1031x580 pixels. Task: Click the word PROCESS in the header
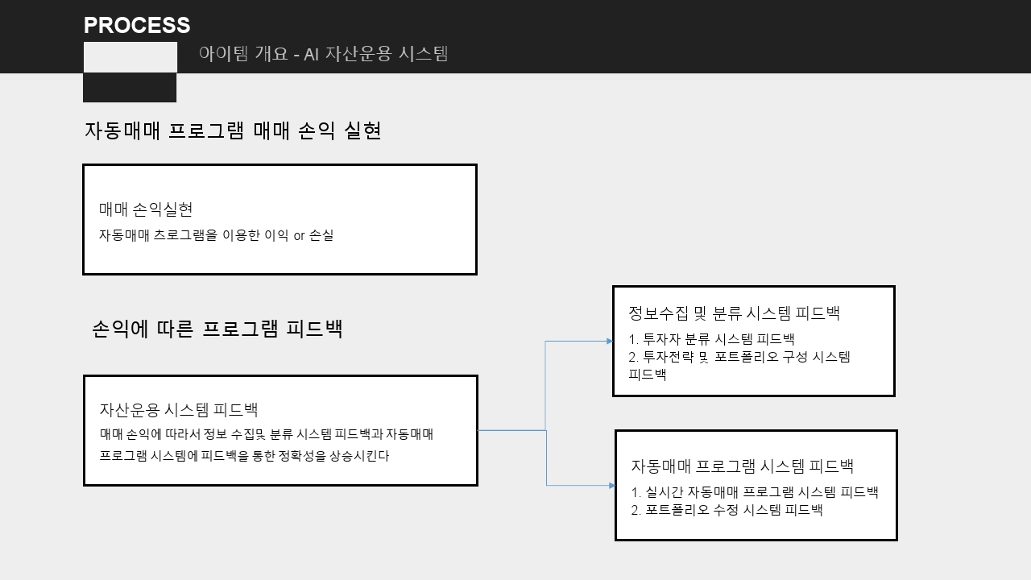pos(137,25)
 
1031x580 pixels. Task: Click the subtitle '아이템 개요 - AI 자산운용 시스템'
pos(323,54)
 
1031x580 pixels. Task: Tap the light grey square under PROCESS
pos(130,57)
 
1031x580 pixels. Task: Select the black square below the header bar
pos(130,87)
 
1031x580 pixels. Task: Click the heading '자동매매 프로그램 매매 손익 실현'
pos(233,130)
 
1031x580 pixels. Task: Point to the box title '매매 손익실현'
pos(146,209)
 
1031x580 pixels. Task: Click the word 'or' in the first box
pos(299,236)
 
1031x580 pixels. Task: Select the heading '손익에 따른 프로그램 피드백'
pos(217,329)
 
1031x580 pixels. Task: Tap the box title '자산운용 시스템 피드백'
pos(179,410)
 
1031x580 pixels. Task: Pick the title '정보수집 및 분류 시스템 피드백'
pos(734,313)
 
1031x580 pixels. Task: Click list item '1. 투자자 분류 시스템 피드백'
pos(711,339)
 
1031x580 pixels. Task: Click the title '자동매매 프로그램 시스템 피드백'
pos(742,466)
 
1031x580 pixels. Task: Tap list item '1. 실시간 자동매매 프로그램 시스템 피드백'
pos(755,492)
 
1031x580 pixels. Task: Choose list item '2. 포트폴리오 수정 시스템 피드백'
pos(727,510)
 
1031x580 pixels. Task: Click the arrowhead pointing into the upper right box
pos(610,341)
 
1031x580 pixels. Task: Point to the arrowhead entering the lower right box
pos(611,485)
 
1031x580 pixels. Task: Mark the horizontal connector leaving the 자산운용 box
pos(511,430)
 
